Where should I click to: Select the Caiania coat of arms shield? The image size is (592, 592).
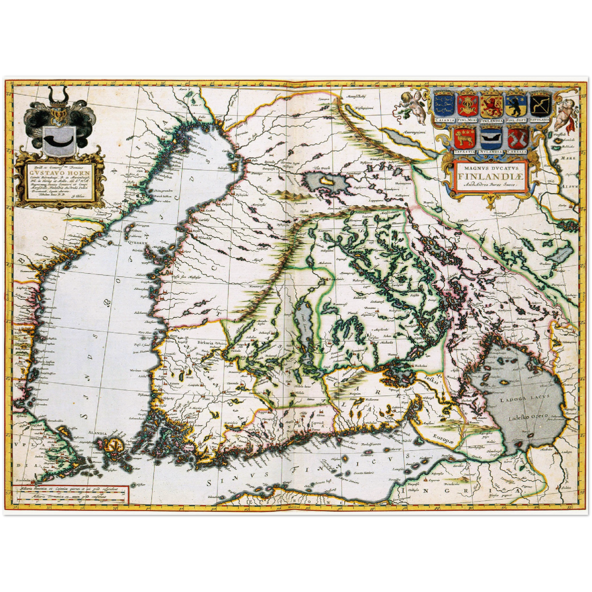445,104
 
